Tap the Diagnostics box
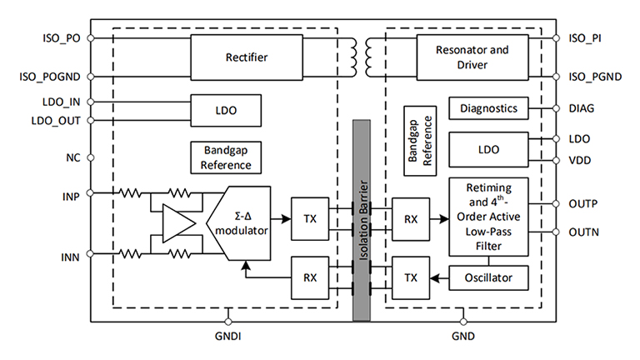pos(487,107)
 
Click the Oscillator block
pos(487,277)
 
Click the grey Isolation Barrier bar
pos(361,220)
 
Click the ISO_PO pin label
pos(61,37)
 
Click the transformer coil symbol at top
pos(361,57)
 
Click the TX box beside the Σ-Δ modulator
pos(310,219)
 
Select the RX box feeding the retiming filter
pos(410,219)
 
